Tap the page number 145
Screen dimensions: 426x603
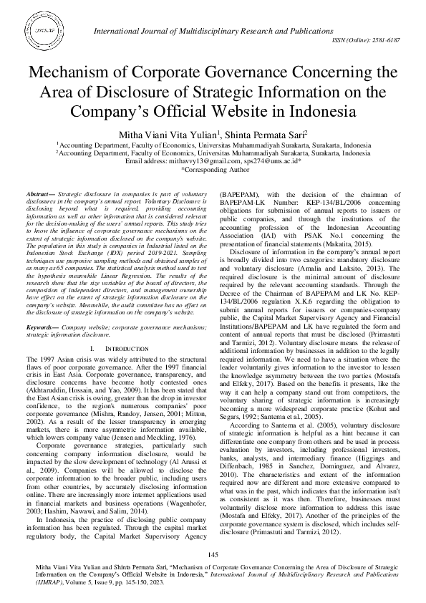click(x=213, y=555)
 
